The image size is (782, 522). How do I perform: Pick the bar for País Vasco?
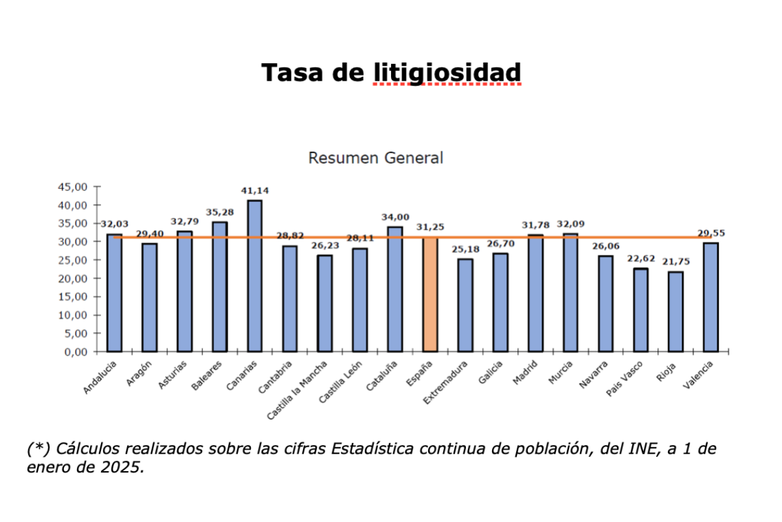click(640, 310)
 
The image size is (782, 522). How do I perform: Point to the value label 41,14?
click(254, 191)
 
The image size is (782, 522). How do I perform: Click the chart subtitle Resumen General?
click(375, 158)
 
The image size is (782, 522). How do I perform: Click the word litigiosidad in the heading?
click(447, 72)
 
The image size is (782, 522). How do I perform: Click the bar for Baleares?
click(219, 287)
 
